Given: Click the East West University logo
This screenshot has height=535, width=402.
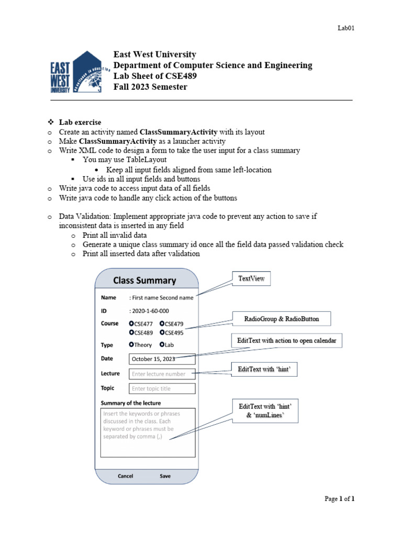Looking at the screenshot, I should tap(79, 73).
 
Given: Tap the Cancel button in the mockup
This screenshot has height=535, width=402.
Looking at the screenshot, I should tap(125, 476).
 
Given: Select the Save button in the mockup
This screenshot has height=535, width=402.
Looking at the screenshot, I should tap(165, 476).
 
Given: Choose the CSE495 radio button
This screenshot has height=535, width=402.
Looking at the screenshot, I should tap(163, 332).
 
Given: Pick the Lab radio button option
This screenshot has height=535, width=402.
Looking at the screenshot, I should tap(163, 345).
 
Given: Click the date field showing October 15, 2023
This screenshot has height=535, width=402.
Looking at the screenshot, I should tap(162, 359).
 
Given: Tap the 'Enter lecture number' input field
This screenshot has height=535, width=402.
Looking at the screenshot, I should tap(162, 374).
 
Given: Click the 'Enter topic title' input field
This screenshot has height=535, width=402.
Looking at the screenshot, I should tap(162, 388).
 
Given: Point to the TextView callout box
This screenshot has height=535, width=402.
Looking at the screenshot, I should tap(251, 279).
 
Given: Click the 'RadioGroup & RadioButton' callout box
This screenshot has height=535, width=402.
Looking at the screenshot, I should tap(281, 319).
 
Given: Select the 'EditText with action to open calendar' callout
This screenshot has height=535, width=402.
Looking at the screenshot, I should tap(286, 341).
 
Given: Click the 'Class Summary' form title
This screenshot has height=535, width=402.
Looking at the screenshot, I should tap(144, 281).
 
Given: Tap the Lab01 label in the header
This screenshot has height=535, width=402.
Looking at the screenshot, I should tap(346, 28).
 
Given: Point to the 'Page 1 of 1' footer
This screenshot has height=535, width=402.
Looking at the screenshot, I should tap(340, 499).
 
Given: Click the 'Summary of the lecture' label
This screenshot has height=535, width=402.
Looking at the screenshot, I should tap(131, 403).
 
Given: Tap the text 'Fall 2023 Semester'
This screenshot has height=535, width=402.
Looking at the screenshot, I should tap(150, 87).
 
